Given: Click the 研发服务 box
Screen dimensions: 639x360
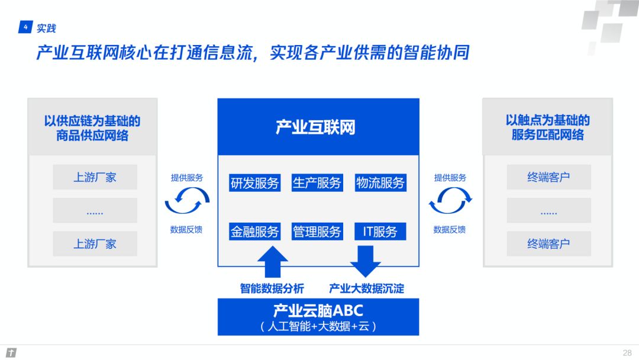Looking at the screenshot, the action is click(254, 182).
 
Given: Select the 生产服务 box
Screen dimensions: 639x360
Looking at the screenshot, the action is click(317, 182).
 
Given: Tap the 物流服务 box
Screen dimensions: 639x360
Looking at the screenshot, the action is click(380, 182).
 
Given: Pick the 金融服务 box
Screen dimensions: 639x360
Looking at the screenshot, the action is click(254, 232).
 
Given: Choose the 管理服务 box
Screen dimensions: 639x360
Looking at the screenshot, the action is click(317, 232).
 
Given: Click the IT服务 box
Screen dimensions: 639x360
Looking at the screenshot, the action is click(380, 232).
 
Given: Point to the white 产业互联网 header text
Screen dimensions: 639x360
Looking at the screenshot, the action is click(315, 127).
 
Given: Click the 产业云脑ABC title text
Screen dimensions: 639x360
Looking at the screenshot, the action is click(318, 311).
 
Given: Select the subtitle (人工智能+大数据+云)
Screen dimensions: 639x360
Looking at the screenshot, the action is click(318, 326).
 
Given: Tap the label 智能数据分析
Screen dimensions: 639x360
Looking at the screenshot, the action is click(272, 289).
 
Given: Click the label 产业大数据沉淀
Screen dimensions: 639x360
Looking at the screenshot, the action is click(366, 289).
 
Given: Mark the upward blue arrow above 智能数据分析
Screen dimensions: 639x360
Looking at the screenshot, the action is click(273, 262).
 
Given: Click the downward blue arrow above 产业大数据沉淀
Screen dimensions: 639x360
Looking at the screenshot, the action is click(365, 262).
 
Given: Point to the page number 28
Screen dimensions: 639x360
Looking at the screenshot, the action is click(627, 353).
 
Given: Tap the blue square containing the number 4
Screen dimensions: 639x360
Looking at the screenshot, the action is click(25, 27).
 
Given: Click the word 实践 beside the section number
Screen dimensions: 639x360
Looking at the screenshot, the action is click(46, 28).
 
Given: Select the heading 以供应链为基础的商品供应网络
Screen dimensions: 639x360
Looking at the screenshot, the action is click(92, 128).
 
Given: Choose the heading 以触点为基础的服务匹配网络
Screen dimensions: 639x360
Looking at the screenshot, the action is click(548, 127).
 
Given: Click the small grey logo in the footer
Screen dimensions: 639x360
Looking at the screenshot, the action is click(11, 352).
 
